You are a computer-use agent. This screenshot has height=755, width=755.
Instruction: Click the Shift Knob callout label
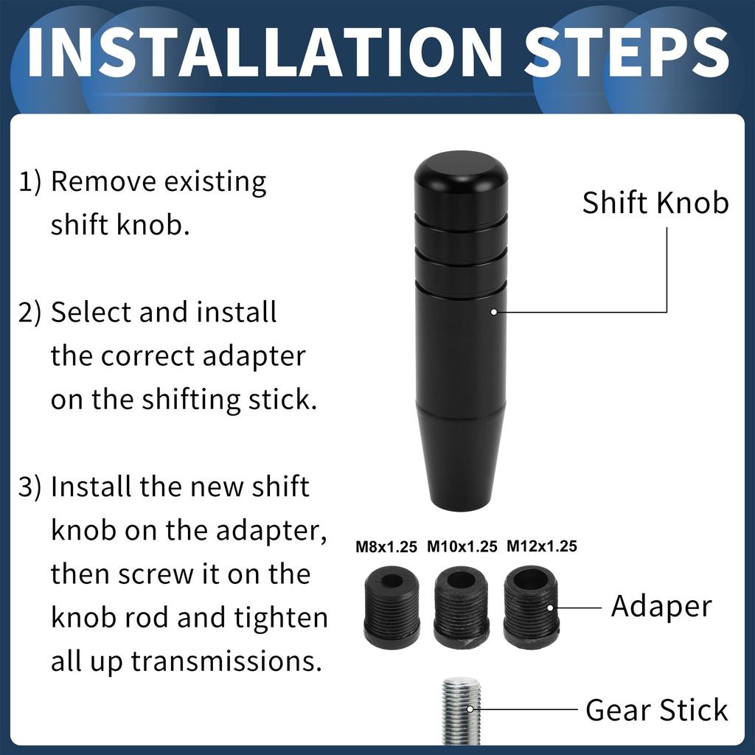(x=655, y=203)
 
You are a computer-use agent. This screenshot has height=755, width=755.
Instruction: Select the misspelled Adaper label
(x=661, y=607)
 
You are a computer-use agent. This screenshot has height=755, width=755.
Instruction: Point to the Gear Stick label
(x=656, y=711)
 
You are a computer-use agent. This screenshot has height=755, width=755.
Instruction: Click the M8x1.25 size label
(x=386, y=547)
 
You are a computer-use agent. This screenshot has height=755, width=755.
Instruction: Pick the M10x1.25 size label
(x=462, y=547)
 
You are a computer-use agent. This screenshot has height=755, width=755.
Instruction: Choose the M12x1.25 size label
(x=541, y=546)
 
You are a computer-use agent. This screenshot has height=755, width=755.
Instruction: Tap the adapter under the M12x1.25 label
(x=531, y=606)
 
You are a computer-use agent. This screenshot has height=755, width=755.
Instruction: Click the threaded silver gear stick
(x=461, y=711)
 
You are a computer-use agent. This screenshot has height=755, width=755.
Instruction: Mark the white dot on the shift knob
(x=493, y=312)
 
